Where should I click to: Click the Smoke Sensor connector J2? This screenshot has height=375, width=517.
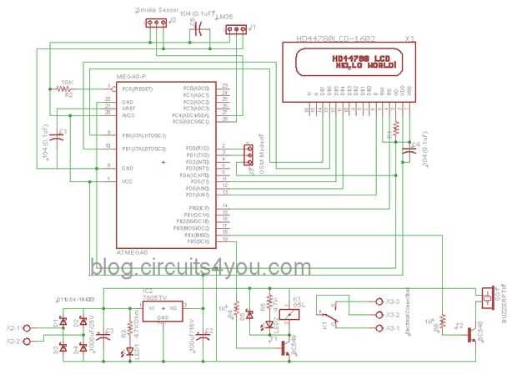(x=153, y=23)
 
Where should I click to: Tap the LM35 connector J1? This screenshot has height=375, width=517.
(x=236, y=31)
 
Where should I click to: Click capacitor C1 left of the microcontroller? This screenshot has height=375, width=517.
(x=57, y=134)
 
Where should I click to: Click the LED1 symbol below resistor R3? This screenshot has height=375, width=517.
(x=125, y=354)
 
